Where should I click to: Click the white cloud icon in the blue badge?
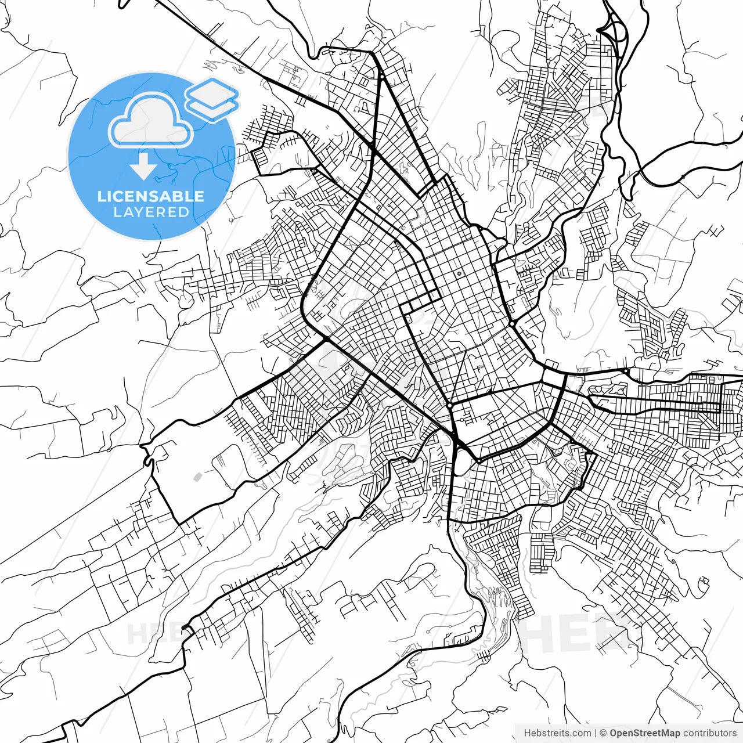pos(150,122)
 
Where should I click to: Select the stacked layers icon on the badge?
pos(212,99)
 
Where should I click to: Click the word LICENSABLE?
pos(151,196)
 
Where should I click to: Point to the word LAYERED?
pos(151,212)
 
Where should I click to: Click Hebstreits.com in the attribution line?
pos(557,733)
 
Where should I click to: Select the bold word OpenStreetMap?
pos(644,733)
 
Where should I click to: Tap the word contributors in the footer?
pos(709,733)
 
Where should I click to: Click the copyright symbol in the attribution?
pos(603,733)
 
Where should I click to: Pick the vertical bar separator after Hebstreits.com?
pos(596,733)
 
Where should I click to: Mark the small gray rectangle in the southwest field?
pos(197,477)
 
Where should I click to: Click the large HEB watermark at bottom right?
pos(575,633)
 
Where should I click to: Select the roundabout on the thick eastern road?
pos(626,370)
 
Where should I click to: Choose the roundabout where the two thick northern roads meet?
pos(381,76)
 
